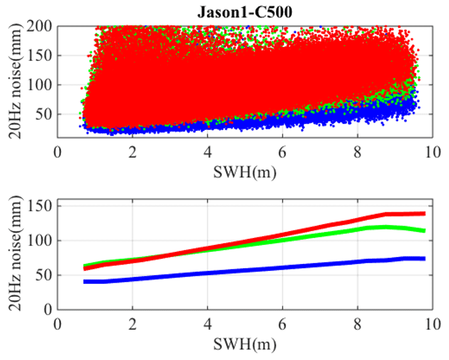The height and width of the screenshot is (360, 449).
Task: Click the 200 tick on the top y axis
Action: click(43, 26)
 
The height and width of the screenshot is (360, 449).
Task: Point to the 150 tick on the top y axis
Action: click(43, 55)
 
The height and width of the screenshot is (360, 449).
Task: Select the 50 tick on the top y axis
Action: click(46, 114)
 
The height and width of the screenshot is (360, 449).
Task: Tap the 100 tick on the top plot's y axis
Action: click(43, 85)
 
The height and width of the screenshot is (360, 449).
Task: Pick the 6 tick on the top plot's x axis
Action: click(282, 153)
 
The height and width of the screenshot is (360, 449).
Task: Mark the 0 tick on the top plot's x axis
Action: click(58, 153)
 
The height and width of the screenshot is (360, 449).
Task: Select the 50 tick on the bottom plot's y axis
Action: click(46, 275)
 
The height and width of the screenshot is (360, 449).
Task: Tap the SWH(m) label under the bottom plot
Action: click(244, 345)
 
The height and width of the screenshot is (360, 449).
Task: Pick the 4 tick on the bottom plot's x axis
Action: click(207, 325)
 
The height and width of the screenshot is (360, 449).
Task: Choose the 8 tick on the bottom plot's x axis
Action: click(357, 325)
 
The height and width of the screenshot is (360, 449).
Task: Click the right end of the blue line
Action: click(425, 258)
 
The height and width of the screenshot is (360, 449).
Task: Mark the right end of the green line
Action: click(425, 231)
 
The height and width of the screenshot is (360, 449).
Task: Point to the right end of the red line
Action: click(425, 214)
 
